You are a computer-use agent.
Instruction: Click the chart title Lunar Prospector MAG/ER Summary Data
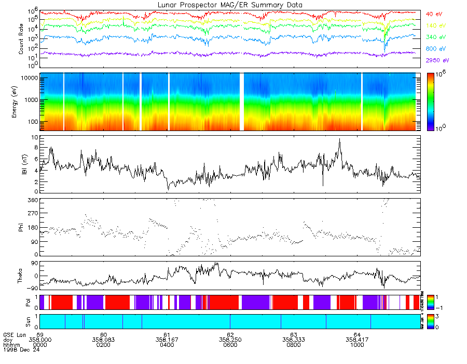230,5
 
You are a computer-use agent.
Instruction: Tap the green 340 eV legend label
436,37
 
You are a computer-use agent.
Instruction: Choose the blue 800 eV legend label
436,48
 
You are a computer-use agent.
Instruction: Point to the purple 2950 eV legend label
437,60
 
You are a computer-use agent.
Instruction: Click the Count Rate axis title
21,40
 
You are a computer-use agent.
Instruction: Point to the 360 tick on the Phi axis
33,200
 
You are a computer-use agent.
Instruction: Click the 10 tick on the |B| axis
34,138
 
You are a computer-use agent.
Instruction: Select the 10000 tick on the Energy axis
29,77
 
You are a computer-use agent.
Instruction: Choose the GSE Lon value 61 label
167,335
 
